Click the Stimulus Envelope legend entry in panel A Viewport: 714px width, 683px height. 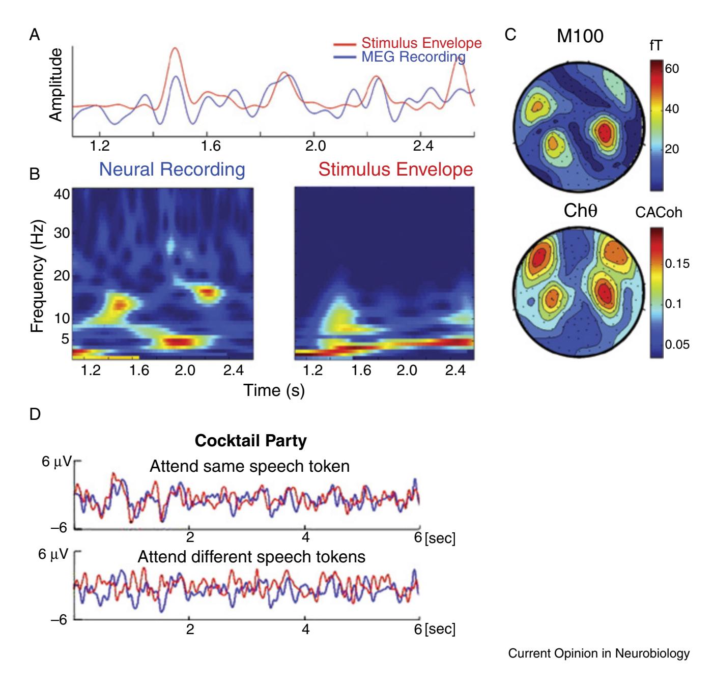click(x=421, y=43)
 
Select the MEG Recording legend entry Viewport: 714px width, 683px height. click(x=413, y=56)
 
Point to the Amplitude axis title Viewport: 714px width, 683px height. click(x=56, y=85)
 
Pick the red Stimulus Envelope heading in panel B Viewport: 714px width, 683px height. click(x=384, y=169)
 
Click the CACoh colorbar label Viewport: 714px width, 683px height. click(x=659, y=213)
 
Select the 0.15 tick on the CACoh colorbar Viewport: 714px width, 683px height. click(x=677, y=263)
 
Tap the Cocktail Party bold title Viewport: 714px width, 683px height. click(x=251, y=441)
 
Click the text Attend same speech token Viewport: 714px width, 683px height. click(x=249, y=466)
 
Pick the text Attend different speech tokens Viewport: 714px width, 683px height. click(x=251, y=557)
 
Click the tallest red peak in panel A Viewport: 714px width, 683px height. click(x=175, y=48)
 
